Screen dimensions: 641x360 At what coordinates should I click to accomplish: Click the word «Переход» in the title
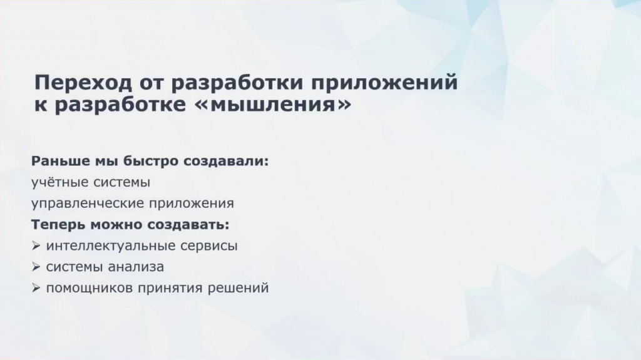(83, 82)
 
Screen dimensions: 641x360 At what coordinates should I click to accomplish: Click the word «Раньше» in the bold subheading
(61, 161)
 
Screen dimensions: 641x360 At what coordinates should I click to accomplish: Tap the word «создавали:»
(225, 162)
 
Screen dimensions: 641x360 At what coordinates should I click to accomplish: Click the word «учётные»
(59, 182)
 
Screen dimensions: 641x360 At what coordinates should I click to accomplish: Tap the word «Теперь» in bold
(58, 225)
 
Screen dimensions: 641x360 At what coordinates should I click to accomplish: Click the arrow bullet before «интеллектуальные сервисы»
(36, 246)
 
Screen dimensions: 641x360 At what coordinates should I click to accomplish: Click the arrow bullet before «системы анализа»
(36, 267)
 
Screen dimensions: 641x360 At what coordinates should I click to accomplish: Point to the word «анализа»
(136, 267)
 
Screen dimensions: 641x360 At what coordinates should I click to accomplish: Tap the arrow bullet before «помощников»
(36, 289)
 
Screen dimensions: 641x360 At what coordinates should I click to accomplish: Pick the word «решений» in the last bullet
(238, 289)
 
